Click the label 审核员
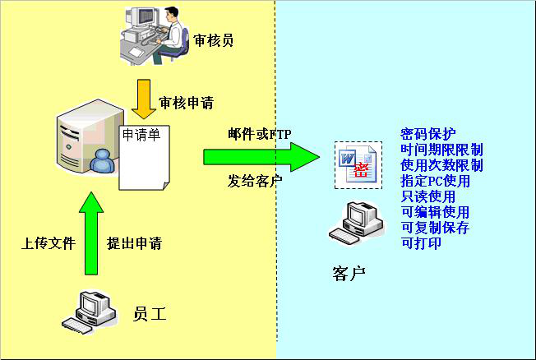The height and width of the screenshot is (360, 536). point(214,39)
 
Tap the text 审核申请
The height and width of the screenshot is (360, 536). point(187,104)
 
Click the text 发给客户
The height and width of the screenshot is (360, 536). point(255,181)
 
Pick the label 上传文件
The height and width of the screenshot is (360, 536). point(49,244)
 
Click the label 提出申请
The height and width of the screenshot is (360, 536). point(135,244)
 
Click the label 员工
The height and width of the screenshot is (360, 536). point(150,312)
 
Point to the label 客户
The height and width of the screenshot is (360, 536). point(349,273)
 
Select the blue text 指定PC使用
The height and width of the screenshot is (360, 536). point(435,181)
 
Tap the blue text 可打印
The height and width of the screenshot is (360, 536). point(421,243)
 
